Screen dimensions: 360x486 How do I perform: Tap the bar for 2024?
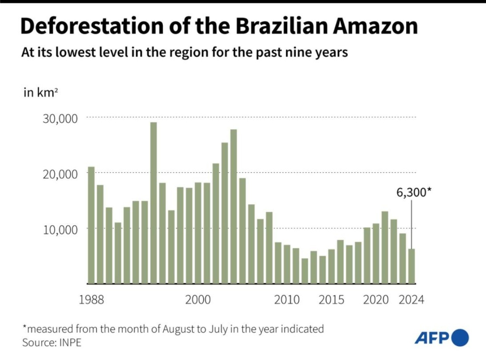[x=411, y=266]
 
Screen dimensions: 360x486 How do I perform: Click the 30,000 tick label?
[x=60, y=119]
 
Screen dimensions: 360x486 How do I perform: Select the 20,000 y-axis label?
[x=60, y=174]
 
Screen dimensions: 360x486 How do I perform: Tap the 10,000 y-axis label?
[x=60, y=229]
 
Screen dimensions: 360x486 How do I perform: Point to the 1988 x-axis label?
[x=91, y=300]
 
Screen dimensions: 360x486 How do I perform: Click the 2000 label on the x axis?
[x=198, y=300]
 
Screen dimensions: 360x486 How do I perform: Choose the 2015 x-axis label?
[x=331, y=300]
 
